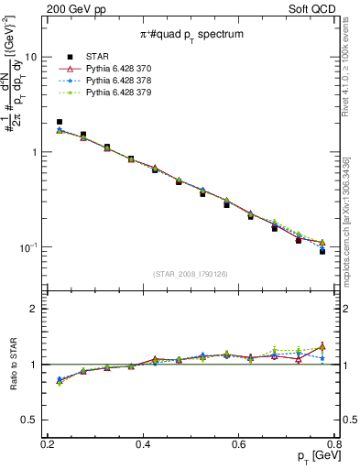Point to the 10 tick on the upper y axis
coord(30,57)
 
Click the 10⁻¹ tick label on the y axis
coord(27,247)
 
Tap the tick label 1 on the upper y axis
coord(34,152)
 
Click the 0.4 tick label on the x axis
coord(143,444)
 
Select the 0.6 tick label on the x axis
coord(239,444)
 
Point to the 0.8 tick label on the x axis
coord(334,444)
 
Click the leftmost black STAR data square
coord(60,122)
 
